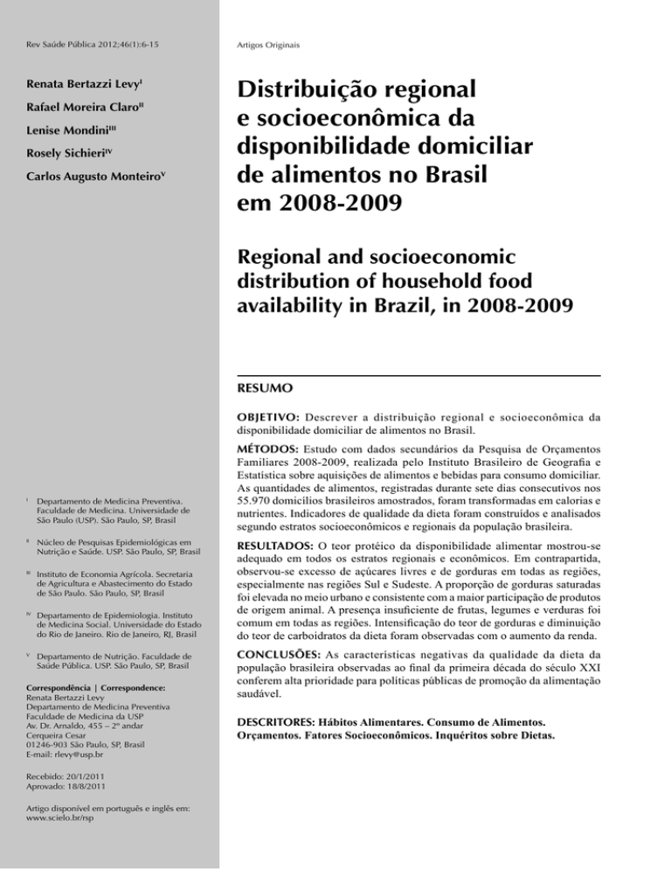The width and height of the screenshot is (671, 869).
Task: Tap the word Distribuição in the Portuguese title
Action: (322, 91)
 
